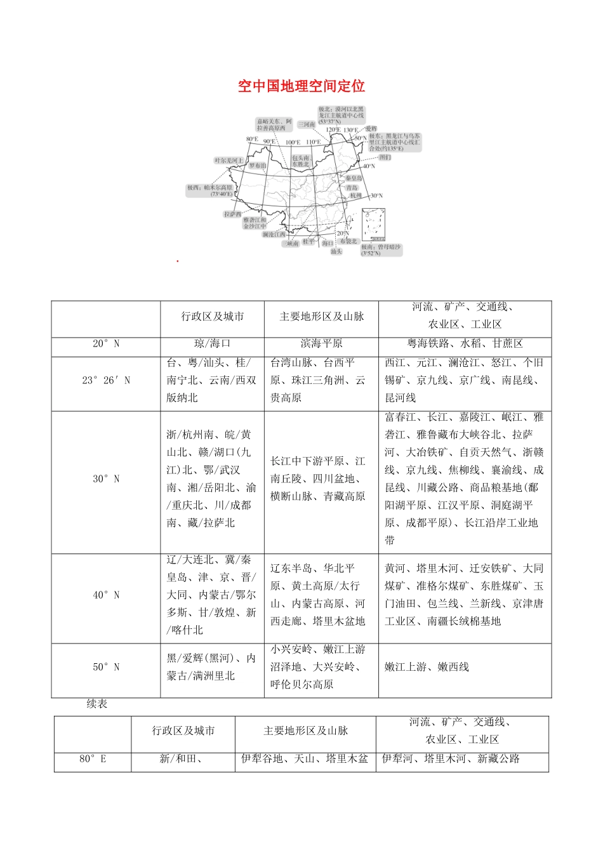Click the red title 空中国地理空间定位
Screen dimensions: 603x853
point(301,86)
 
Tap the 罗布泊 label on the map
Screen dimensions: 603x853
point(258,166)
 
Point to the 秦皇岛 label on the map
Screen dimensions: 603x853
point(354,178)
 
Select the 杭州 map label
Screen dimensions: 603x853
point(355,196)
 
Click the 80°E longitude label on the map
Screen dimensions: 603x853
point(251,139)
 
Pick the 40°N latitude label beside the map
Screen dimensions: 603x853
point(369,166)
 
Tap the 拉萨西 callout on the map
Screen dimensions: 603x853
point(232,215)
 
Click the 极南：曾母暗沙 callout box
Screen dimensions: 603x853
point(381,250)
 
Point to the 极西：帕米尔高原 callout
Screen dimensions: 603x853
point(209,190)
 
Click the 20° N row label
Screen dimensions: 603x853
point(106,343)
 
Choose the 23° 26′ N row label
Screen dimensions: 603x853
point(106,380)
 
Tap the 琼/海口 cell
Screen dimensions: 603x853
point(212,343)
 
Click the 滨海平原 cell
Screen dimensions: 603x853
point(321,343)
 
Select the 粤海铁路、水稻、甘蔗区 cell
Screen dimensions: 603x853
point(465,343)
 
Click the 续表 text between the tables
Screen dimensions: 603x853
point(97,704)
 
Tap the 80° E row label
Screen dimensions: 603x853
point(93,758)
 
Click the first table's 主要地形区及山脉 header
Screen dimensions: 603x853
point(321,316)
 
